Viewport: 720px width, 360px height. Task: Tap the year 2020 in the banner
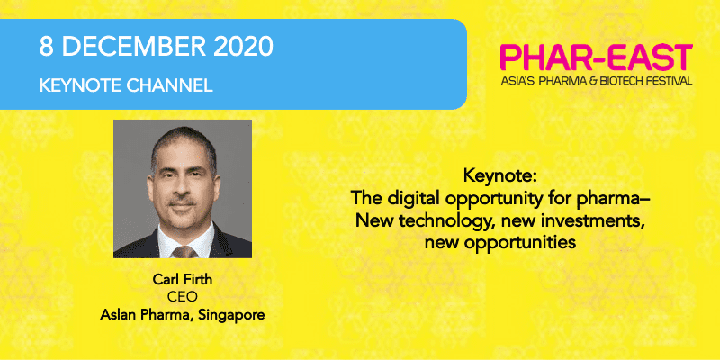[243, 47]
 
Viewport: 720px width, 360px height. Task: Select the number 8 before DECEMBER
[47, 47]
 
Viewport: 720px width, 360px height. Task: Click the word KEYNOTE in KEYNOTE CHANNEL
[76, 85]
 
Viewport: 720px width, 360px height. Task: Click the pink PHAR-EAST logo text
[597, 58]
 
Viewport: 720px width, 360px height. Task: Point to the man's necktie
[184, 252]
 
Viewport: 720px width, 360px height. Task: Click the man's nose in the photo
[183, 188]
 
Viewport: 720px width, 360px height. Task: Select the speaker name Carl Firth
[183, 281]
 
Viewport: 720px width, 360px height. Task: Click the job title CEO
[183, 298]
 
